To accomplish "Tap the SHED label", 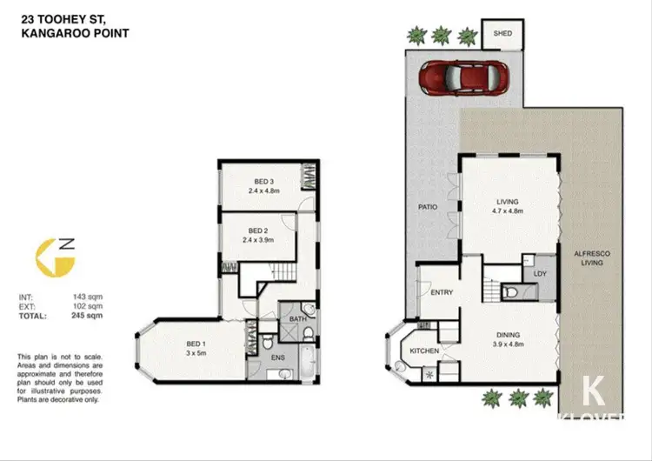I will point(503,34).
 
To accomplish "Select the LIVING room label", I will point(508,202).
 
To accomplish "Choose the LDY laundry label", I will point(540,273).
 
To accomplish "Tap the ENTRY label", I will point(442,292).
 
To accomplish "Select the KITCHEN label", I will point(423,351).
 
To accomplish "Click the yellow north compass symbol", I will point(49,258).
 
